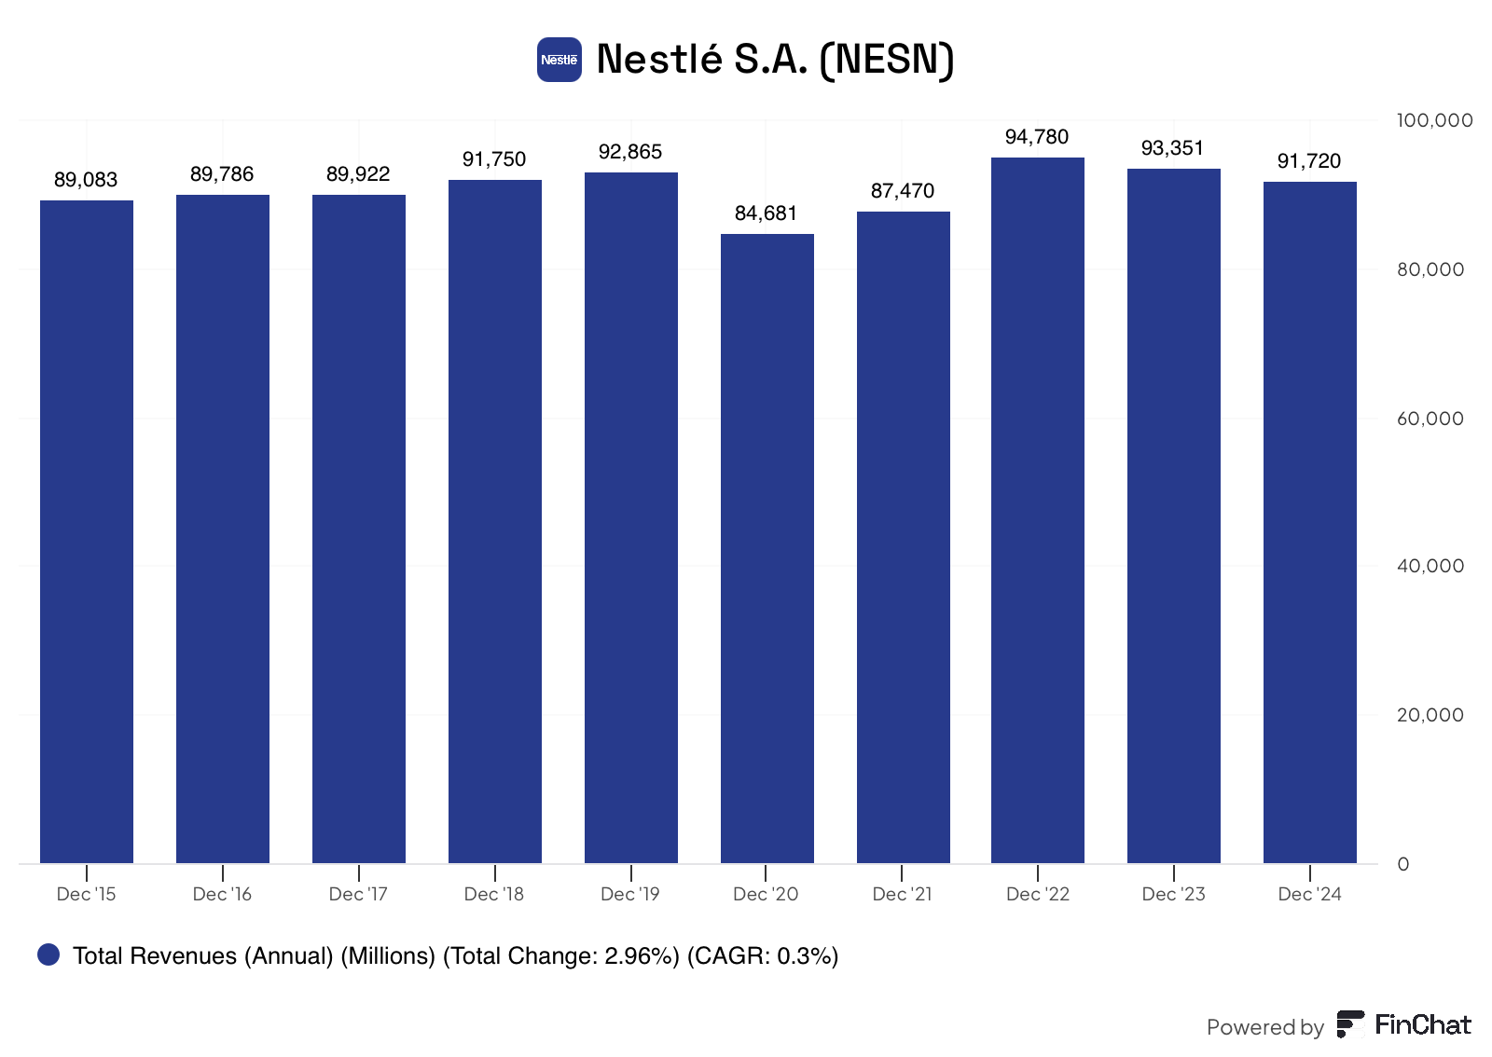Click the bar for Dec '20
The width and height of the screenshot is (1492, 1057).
[767, 548]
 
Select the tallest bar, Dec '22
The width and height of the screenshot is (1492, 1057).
[1037, 511]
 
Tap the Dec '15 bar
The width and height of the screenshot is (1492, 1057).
[87, 532]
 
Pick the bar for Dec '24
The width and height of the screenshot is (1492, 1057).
[1309, 523]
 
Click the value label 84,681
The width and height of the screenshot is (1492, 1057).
[766, 213]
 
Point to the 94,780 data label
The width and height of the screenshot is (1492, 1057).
[1036, 136]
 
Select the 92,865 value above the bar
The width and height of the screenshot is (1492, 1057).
[630, 152]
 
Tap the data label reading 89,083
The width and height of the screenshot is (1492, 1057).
[85, 180]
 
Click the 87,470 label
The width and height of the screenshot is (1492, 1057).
[903, 191]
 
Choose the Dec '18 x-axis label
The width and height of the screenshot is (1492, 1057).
[493, 894]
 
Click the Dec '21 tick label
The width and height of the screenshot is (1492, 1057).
[902, 894]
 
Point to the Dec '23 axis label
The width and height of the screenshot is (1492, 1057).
[1174, 894]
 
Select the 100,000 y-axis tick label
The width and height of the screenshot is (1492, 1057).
[1434, 120]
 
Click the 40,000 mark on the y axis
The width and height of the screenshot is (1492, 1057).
[1430, 566]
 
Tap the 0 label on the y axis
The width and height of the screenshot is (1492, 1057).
[1403, 864]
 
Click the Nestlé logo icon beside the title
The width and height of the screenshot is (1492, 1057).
[559, 60]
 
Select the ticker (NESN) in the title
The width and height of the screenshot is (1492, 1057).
[887, 60]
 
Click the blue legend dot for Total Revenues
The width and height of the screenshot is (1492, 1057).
[48, 954]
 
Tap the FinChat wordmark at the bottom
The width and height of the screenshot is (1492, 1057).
[1423, 1025]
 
